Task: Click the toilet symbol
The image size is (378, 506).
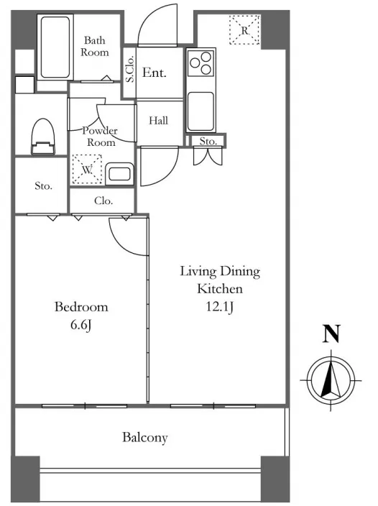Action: click(x=42, y=137)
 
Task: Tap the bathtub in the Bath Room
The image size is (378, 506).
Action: click(x=55, y=47)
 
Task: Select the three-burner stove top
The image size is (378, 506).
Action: click(x=200, y=63)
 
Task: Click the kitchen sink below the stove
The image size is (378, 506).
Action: click(x=200, y=111)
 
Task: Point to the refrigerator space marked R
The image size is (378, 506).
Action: click(x=245, y=30)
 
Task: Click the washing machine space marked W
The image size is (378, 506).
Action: click(x=87, y=170)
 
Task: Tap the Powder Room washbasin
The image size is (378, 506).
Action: click(x=119, y=174)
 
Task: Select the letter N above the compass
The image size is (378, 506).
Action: click(x=331, y=333)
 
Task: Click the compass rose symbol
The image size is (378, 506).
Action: click(x=331, y=380)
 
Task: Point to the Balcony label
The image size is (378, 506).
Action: click(x=145, y=438)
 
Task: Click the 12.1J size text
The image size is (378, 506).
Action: click(x=220, y=307)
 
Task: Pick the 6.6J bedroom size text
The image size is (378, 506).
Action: click(x=81, y=325)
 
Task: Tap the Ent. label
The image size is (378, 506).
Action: click(x=155, y=73)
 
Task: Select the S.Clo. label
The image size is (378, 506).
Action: click(x=129, y=69)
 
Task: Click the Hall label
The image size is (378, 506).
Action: click(x=158, y=121)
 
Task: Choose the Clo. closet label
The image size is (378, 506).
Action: click(x=103, y=201)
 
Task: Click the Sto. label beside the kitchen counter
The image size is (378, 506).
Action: click(x=208, y=142)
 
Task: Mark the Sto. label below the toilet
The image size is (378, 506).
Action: click(x=43, y=186)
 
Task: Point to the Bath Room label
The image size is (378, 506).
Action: click(x=95, y=46)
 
